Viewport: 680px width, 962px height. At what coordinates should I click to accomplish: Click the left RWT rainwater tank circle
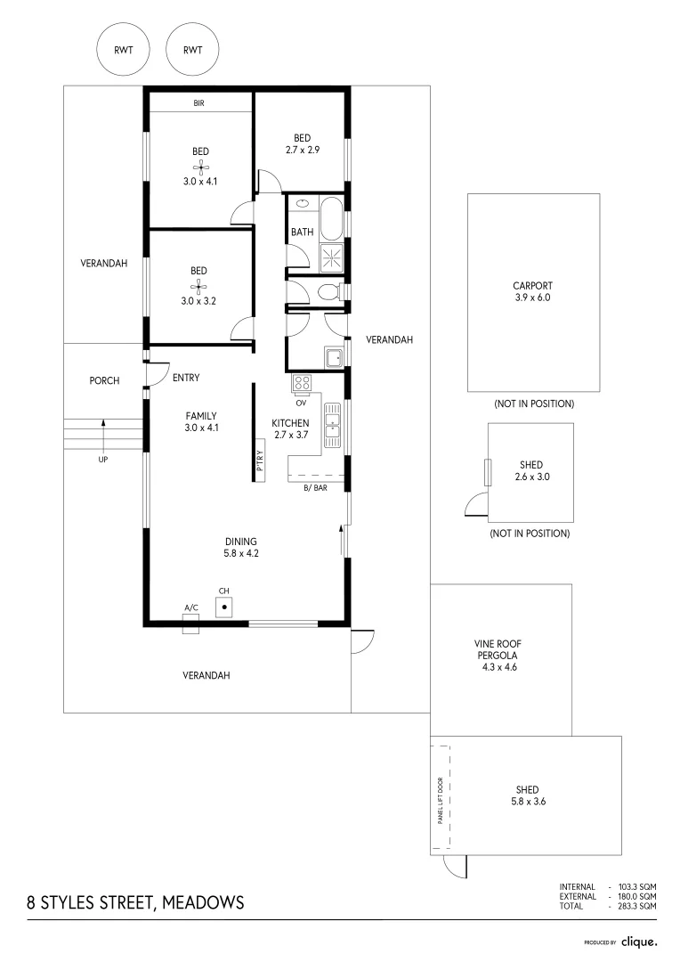(x=123, y=50)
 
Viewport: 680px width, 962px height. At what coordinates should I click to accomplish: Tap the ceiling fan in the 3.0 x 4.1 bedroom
(x=200, y=167)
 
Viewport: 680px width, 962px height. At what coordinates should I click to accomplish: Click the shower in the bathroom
(x=331, y=258)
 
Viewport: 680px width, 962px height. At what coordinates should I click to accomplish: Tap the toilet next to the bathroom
(x=328, y=291)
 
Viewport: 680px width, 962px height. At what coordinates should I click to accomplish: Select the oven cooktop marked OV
(x=302, y=384)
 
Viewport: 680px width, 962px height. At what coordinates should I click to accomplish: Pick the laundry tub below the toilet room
(x=335, y=358)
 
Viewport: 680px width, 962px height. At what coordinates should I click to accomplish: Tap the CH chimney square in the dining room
(x=225, y=606)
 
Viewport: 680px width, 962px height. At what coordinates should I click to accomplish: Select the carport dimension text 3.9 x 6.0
(x=532, y=298)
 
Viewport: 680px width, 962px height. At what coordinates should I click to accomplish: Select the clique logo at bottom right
(x=639, y=942)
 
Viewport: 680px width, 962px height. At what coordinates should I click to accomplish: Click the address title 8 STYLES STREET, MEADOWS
(x=135, y=902)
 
